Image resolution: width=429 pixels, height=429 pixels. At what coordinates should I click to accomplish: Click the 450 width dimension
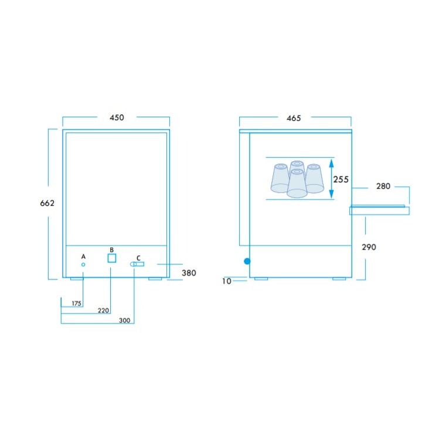click(x=117, y=118)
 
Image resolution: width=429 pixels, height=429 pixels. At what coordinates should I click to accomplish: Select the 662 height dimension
click(x=47, y=203)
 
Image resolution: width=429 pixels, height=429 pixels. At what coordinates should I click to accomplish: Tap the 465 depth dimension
click(x=294, y=118)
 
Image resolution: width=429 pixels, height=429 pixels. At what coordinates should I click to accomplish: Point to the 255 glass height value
click(x=341, y=179)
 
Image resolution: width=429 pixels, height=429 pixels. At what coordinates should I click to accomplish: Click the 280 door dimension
click(x=383, y=186)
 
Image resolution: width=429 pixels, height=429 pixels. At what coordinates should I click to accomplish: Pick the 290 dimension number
click(x=369, y=247)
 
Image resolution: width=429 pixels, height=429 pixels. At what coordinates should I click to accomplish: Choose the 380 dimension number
click(x=189, y=273)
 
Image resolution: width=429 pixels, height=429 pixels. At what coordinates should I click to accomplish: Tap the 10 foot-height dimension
click(x=227, y=281)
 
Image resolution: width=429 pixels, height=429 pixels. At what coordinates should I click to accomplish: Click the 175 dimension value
click(x=77, y=304)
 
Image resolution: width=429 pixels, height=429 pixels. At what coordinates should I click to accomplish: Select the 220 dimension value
click(x=103, y=311)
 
